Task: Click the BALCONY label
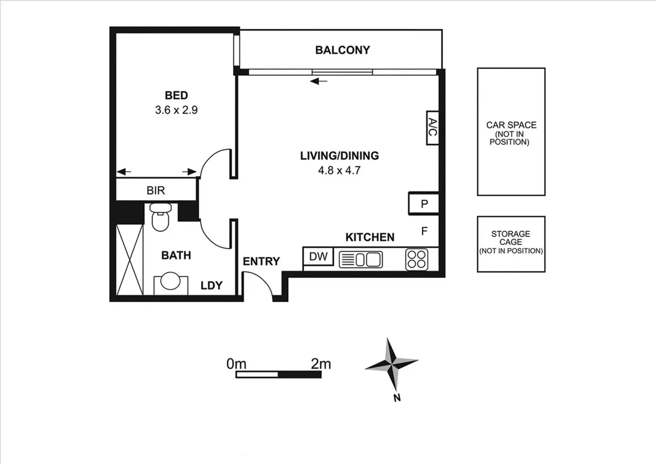342,50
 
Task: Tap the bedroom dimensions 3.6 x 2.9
176,110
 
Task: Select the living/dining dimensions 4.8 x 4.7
339,170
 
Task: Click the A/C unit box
432,128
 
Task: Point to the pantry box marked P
424,204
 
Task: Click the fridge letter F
424,231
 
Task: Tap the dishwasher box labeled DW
318,256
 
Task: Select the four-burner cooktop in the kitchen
417,259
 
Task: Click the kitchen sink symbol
361,259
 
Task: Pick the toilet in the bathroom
160,217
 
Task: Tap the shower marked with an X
130,259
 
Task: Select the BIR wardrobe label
156,190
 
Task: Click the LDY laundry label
211,285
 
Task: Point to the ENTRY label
261,261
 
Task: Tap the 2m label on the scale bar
321,364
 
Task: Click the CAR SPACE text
511,125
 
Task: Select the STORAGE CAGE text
511,238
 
